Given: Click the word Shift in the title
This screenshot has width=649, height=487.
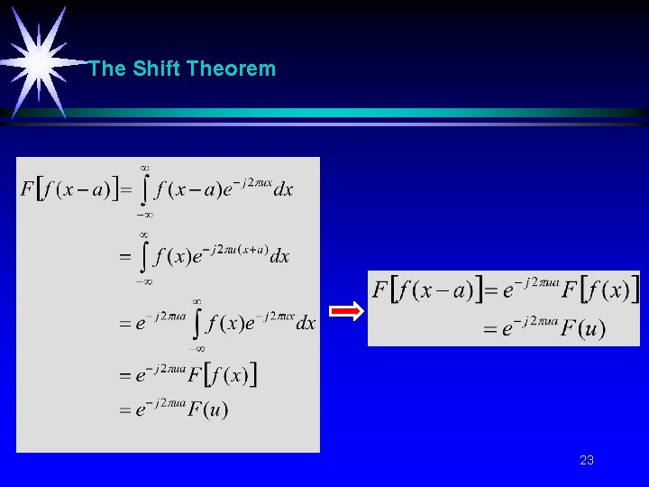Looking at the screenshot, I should click(157, 69).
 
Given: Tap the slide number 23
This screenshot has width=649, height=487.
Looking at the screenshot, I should click(587, 461).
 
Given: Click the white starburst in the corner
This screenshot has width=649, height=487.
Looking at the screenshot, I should click(39, 61).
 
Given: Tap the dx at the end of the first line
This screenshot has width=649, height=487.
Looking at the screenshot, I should click(283, 190).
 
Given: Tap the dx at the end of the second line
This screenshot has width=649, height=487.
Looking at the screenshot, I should click(279, 257).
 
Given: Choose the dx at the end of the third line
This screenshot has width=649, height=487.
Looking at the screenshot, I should click(306, 323).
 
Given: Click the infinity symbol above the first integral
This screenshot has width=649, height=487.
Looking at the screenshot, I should click(144, 167).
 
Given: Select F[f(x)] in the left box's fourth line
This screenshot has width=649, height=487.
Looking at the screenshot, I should click(223, 375).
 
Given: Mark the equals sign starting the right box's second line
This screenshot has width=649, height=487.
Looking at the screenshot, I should click(490, 329).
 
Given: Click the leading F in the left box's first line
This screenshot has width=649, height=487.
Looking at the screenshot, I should click(27, 190).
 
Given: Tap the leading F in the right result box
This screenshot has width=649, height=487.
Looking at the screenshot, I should click(380, 290).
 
